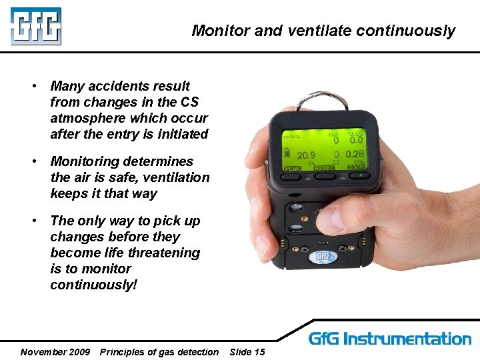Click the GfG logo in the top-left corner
pyautogui.click(x=35, y=26)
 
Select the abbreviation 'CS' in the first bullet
pyautogui.click(x=189, y=102)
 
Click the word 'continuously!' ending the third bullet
pyautogui.click(x=93, y=285)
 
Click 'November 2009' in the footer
pyautogui.click(x=55, y=352)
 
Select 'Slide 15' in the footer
pyautogui.click(x=247, y=352)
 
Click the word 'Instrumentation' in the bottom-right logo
pyautogui.click(x=416, y=339)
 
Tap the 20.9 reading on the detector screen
pyautogui.click(x=305, y=155)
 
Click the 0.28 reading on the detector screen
pyautogui.click(x=355, y=155)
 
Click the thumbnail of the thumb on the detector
pyautogui.click(x=326, y=219)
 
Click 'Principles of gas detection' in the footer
pyautogui.click(x=159, y=352)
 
